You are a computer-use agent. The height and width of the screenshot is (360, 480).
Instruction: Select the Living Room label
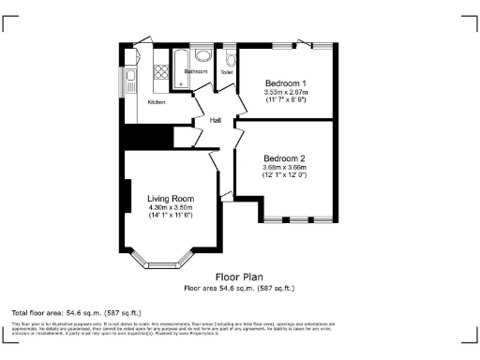[x=170, y=198]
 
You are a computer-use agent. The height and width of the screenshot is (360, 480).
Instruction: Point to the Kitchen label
[x=157, y=101]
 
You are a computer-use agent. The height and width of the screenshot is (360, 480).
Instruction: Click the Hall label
[x=216, y=120]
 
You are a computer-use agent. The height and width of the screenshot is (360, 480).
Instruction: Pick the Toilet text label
[x=226, y=71]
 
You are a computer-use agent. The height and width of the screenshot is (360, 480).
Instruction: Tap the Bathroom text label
[x=196, y=71]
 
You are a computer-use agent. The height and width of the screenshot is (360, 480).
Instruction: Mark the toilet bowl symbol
[x=229, y=58]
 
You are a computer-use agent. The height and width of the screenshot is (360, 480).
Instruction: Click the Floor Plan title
[x=239, y=277]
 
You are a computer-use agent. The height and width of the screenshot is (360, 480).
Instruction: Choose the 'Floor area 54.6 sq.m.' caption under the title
[x=239, y=288]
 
